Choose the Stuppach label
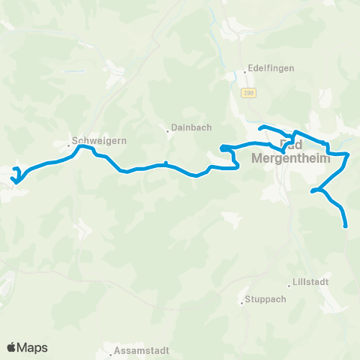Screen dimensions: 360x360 click(x=263, y=302)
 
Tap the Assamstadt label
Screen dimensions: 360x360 click(x=142, y=351)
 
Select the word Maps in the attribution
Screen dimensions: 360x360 click(x=33, y=347)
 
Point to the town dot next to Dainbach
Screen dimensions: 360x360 click(x=168, y=132)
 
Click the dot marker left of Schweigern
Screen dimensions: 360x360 click(x=68, y=143)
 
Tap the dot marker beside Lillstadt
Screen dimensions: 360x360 click(x=289, y=284)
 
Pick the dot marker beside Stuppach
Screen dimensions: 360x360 click(x=241, y=302)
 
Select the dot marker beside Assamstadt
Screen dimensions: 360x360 click(x=110, y=351)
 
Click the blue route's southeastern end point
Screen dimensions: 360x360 click(x=346, y=225)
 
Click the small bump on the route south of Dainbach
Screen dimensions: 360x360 click(x=166, y=163)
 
